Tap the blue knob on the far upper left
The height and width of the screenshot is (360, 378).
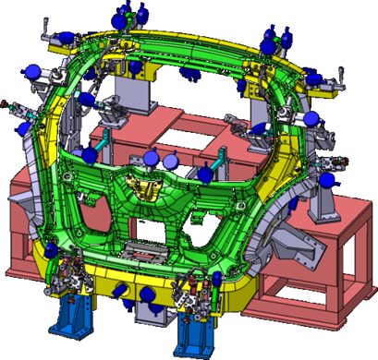(x=32, y=70)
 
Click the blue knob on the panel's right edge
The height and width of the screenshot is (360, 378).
(x=312, y=118)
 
